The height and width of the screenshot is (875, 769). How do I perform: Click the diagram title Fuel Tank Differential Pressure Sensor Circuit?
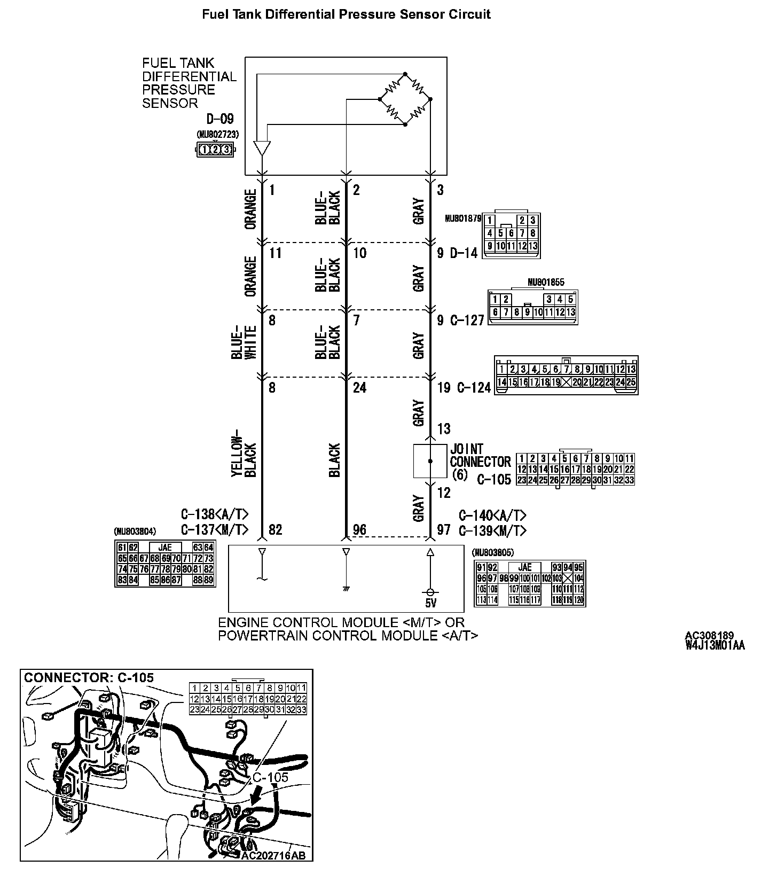pos(346,14)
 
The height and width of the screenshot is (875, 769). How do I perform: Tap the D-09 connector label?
pos(220,119)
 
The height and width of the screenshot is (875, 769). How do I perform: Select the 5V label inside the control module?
pos(430,604)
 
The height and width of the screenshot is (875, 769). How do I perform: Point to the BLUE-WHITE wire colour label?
pos(244,342)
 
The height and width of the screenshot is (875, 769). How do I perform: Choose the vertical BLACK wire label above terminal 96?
pos(335,460)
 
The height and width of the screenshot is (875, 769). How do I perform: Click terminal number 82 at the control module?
pos(276,529)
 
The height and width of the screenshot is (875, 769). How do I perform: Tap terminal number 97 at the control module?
pos(444,529)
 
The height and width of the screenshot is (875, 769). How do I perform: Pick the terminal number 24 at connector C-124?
pos(359,387)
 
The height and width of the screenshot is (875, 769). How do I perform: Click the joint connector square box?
pos(430,460)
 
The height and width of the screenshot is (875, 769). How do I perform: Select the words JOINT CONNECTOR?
pos(480,455)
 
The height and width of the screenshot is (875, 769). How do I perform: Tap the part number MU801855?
pos(545,283)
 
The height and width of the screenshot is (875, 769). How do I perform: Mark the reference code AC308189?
pos(709,636)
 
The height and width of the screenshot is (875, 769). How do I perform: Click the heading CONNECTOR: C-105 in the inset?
pos(89,678)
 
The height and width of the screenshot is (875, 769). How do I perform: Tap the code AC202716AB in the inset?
pos(273,855)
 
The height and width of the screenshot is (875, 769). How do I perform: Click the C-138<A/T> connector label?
pos(215,515)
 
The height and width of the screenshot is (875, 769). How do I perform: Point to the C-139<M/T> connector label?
pos(492,530)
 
